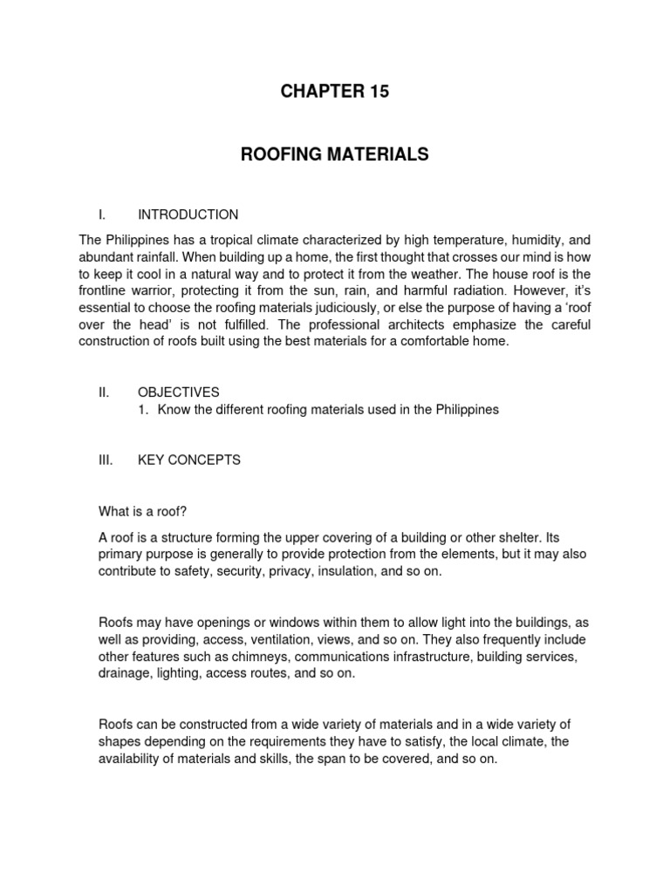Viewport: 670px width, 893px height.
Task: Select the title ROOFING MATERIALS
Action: [335, 154]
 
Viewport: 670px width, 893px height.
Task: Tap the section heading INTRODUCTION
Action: [188, 215]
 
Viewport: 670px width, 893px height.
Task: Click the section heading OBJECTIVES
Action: [178, 393]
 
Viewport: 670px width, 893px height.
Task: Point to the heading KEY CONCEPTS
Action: [188, 460]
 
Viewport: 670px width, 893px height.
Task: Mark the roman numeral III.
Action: [106, 460]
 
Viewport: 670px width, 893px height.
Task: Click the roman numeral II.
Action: [103, 393]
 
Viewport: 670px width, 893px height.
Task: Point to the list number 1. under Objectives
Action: [144, 410]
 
